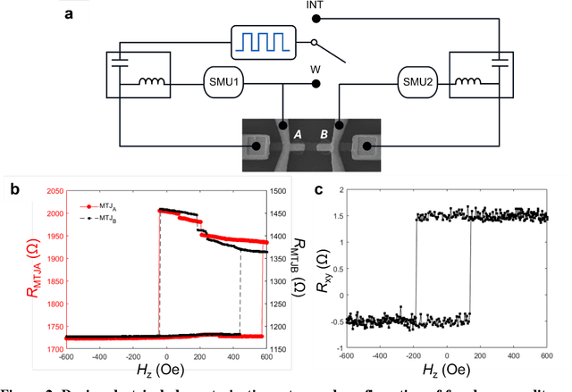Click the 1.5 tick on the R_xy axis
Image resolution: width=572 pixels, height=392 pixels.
(x=341, y=217)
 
